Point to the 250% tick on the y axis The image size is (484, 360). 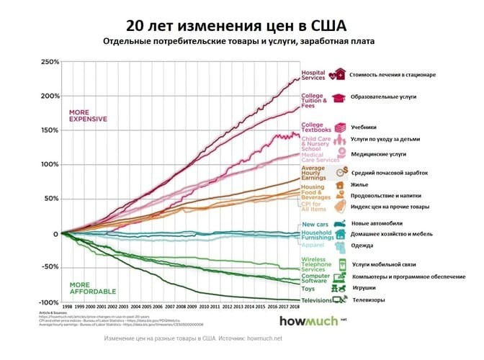pyautogui.click(x=49, y=62)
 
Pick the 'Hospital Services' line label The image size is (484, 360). pyautogui.click(x=313, y=75)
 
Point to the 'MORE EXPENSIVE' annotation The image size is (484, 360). pyautogui.click(x=87, y=115)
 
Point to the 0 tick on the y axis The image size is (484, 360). pyautogui.click(x=55, y=233)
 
